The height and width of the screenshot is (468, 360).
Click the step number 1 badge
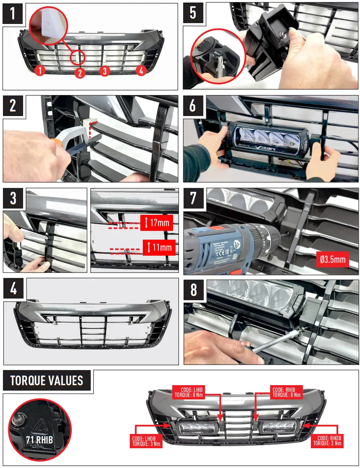tap(13, 14)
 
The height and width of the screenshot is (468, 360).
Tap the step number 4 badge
tap(13, 289)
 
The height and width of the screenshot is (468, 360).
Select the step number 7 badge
tap(193, 198)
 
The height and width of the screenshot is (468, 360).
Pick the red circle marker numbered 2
tap(80, 73)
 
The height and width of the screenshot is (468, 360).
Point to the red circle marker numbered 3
tap(105, 71)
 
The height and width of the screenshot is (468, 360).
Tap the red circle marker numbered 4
tap(141, 71)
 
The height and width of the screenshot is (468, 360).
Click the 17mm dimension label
tap(158, 222)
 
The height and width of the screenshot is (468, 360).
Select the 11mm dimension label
tap(158, 247)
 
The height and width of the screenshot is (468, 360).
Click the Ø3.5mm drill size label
tap(332, 259)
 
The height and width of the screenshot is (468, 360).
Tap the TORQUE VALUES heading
tap(47, 381)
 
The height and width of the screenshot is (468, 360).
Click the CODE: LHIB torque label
tap(189, 392)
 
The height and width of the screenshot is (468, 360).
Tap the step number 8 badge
tap(193, 290)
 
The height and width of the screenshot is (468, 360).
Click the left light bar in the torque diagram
tap(197, 428)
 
